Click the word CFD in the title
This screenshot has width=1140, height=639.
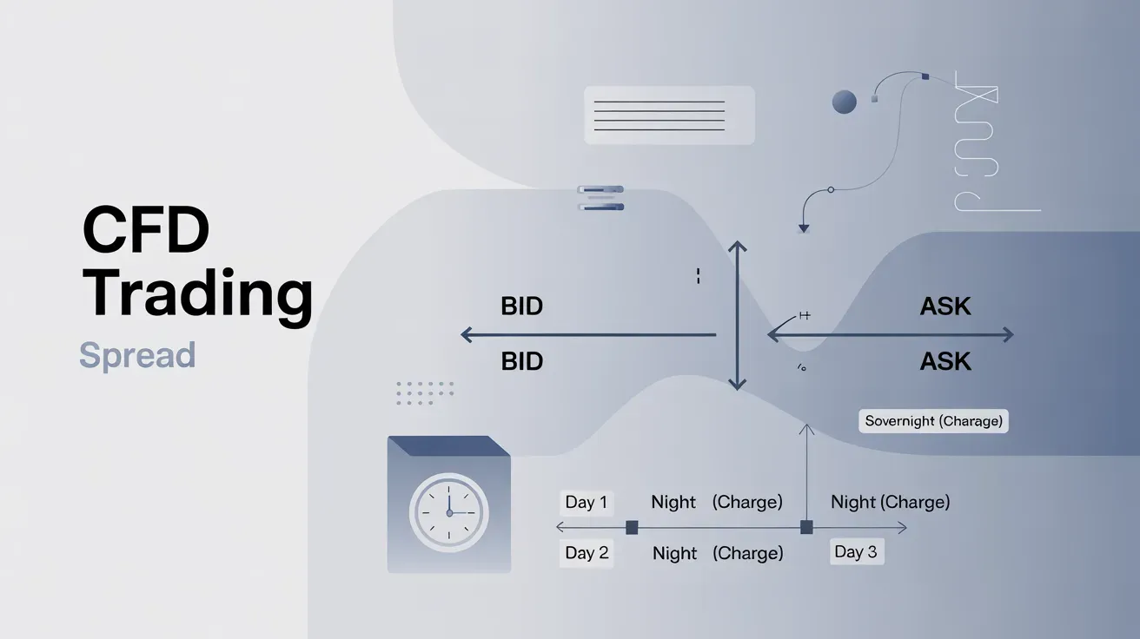click(146, 230)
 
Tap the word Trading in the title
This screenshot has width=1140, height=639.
click(197, 295)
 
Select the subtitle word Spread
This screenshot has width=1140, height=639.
click(137, 355)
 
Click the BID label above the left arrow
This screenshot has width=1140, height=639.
click(521, 306)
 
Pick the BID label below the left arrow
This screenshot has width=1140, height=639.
click(521, 361)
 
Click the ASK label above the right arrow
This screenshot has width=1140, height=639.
click(945, 306)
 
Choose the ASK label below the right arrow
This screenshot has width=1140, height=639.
click(945, 361)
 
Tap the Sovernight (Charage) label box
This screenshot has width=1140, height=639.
click(933, 421)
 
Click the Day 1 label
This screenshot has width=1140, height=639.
click(587, 502)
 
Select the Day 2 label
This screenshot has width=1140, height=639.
click(587, 552)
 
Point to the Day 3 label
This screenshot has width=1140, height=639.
click(857, 551)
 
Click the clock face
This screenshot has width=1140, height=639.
click(449, 513)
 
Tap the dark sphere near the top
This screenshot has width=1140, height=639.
click(845, 102)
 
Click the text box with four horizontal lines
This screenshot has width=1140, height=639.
click(669, 115)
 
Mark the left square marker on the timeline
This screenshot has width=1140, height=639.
click(632, 528)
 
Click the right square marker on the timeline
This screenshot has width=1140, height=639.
click(806, 527)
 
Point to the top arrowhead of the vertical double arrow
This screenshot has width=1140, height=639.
click(737, 246)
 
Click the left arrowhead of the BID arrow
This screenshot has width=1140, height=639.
click(466, 335)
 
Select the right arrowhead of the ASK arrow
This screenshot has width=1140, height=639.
click(1008, 335)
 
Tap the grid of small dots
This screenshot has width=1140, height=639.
click(424, 393)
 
